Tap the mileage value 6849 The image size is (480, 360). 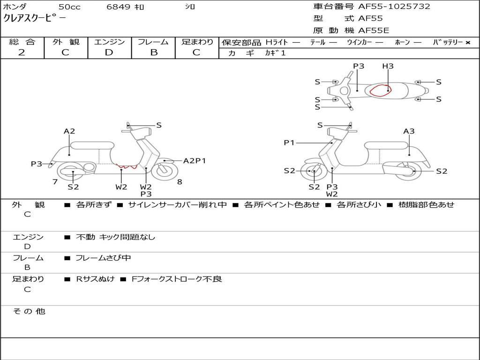[119, 7]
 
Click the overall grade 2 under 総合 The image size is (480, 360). [22, 52]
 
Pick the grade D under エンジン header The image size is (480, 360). [109, 52]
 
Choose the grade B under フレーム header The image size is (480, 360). [154, 52]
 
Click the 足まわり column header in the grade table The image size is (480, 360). [197, 42]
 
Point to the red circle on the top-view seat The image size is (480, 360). [380, 90]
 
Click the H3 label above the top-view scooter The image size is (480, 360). [388, 67]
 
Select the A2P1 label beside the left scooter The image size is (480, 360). [195, 161]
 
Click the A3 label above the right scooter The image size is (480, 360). [409, 131]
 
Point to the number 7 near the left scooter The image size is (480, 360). [55, 182]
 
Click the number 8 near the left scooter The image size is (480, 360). [180, 182]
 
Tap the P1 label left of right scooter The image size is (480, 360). [289, 142]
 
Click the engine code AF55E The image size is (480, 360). [374, 31]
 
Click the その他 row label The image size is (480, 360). [29, 311]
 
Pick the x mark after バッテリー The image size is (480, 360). [467, 43]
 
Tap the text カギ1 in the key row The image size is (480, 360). [275, 53]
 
